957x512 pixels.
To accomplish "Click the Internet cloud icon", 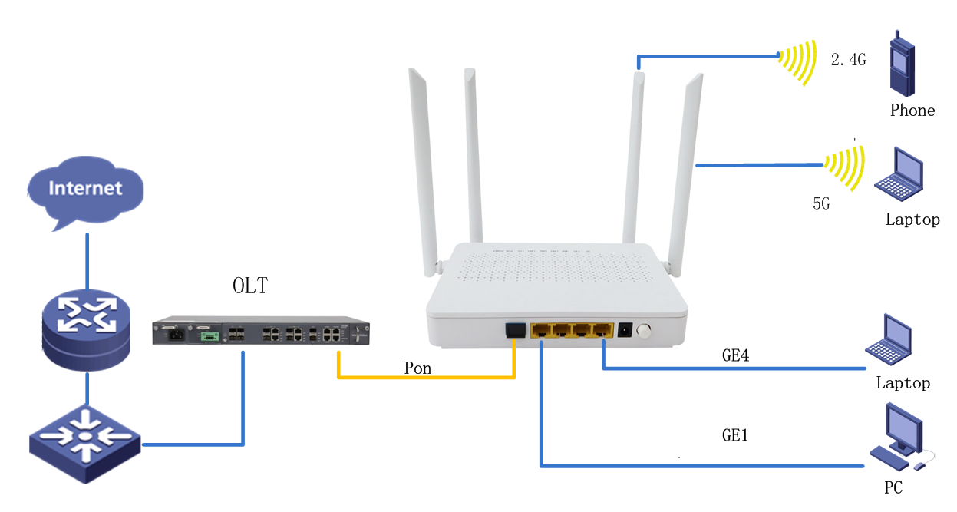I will click(85, 189).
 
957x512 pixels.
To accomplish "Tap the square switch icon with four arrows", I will click(84, 443).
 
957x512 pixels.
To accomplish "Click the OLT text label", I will click(250, 286).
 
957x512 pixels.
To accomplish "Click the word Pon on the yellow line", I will click(417, 368).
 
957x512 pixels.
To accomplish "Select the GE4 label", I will click(734, 355).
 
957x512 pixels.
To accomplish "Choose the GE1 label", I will click(734, 435).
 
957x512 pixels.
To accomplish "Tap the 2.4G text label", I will click(848, 59).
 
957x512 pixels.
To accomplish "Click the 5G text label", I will click(821, 204).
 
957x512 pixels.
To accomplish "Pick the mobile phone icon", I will click(903, 63).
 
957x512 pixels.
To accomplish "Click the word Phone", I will click(912, 111).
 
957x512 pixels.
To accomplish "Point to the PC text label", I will click(893, 487).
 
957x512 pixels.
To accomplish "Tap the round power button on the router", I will click(644, 332).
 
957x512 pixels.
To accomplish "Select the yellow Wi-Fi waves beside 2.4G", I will click(797, 61).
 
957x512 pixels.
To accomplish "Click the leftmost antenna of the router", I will click(423, 169).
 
